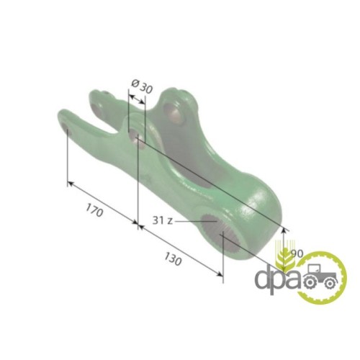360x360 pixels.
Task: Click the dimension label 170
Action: [94, 210]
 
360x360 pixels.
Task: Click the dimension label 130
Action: [173, 258]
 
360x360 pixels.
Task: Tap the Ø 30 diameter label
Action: [142, 86]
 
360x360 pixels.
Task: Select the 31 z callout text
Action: [163, 220]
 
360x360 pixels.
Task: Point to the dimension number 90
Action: [297, 253]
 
